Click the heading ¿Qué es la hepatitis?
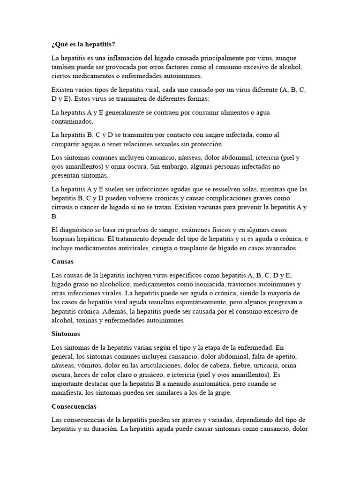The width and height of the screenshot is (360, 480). pyautogui.click(x=83, y=44)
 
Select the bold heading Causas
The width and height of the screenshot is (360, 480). pyautogui.click(x=63, y=261)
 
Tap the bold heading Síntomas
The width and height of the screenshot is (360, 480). pyautogui.click(x=66, y=334)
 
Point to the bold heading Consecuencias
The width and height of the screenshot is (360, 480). pyautogui.click(x=74, y=406)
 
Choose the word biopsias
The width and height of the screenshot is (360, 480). pyautogui.click(x=66, y=239)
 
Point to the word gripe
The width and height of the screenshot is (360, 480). pyautogui.click(x=222, y=393)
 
